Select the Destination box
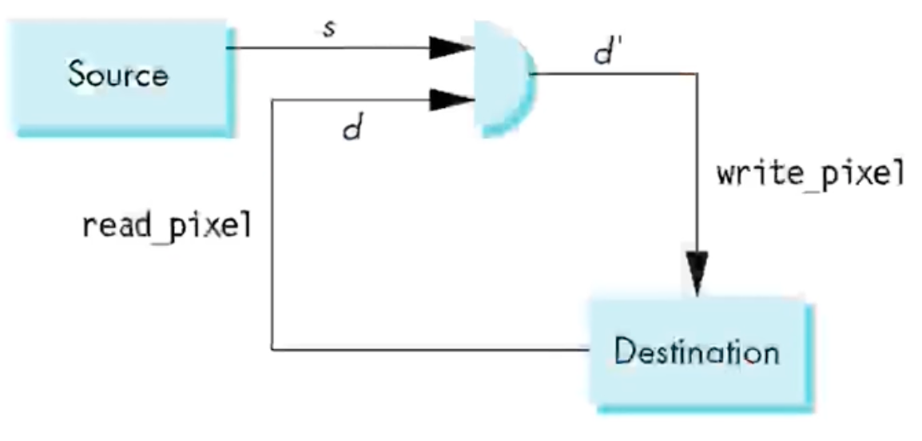[695, 351]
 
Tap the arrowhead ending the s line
[451, 47]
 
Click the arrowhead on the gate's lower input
[451, 100]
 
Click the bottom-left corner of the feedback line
[272, 349]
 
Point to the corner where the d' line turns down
[697, 74]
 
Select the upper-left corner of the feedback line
[272, 100]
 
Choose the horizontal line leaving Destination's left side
[431, 349]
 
